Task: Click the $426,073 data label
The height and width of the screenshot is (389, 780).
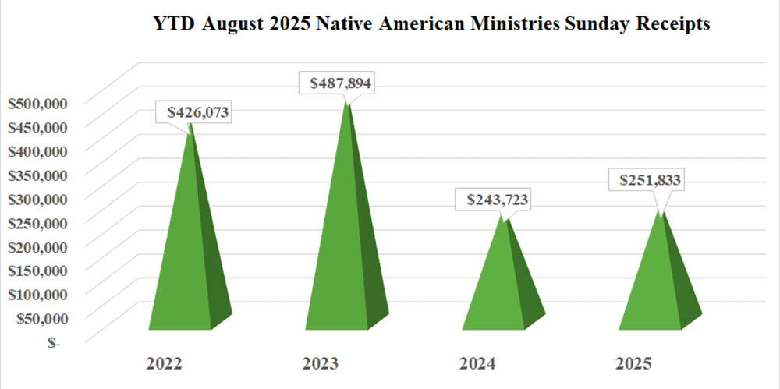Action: click(198, 112)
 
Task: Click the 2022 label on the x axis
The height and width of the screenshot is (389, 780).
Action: click(165, 364)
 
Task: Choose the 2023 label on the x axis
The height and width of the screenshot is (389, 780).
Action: click(321, 364)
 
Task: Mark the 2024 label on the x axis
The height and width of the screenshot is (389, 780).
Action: click(477, 364)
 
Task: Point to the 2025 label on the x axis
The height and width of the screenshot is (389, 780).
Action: click(633, 364)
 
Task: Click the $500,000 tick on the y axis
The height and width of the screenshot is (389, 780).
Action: click(39, 102)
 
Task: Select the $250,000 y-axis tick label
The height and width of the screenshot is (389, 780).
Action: click(39, 222)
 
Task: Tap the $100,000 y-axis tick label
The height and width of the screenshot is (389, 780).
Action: click(39, 294)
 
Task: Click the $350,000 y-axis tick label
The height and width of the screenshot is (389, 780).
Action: click(39, 174)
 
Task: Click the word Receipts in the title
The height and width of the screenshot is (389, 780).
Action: click(669, 25)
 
